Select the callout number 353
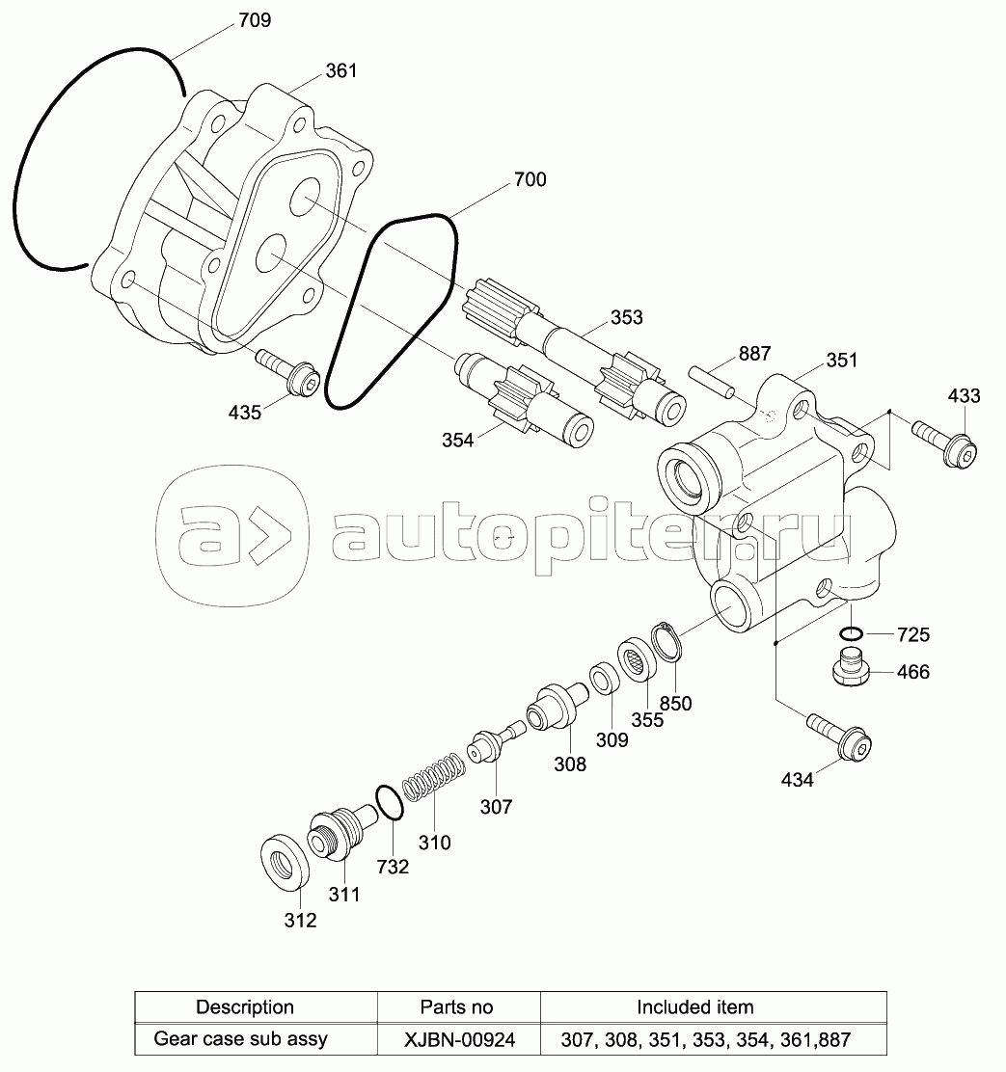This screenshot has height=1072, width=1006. pos(626,317)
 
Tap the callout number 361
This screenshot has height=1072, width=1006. pos(340,70)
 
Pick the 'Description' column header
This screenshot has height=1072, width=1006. pos(245,1007)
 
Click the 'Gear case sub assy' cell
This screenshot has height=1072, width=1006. pos(241,1039)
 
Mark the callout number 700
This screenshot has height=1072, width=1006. pos(530,179)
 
